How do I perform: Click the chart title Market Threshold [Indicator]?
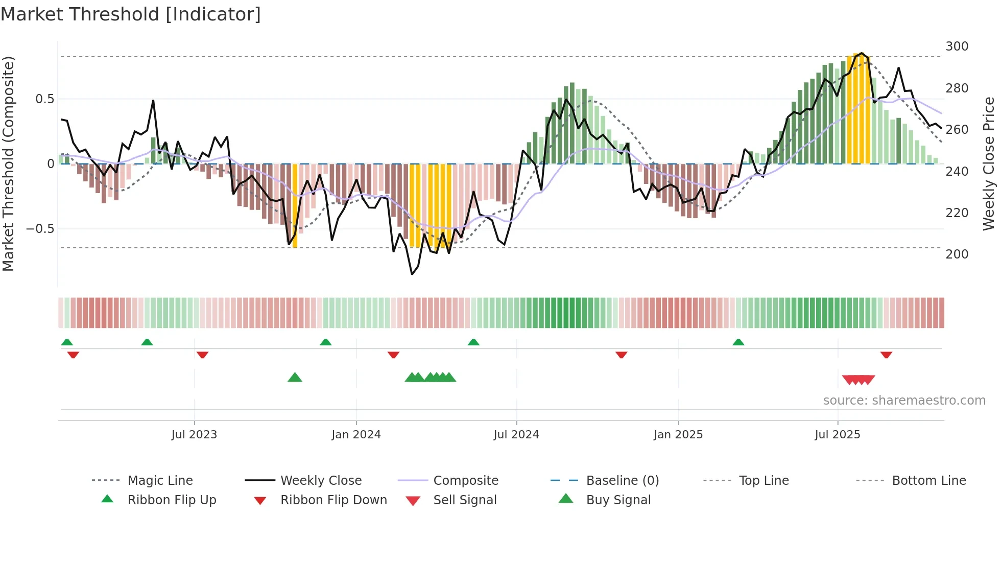point(131,14)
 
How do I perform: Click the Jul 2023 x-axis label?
point(194,435)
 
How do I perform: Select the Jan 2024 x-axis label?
point(356,435)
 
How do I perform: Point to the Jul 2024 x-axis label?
point(516,435)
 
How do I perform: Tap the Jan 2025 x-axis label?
point(678,435)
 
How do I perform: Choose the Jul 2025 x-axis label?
point(837,435)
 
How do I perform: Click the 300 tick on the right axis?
point(957,46)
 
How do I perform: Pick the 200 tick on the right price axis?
point(957,254)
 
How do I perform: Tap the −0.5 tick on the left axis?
point(40,228)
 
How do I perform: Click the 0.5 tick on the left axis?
point(44,99)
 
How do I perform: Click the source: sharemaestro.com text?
point(904,401)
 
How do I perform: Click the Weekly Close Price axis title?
point(989,163)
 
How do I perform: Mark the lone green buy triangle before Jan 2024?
point(295,378)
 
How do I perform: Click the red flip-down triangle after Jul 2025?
point(886,355)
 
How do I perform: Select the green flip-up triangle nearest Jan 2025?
point(738,342)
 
